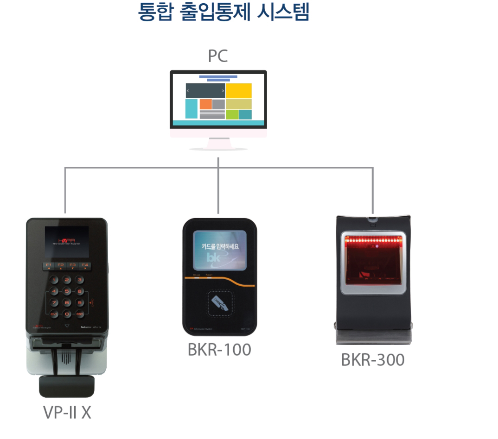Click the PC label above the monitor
point(217,56)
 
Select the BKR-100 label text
point(219,350)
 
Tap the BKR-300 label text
point(372,360)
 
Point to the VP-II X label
point(67,413)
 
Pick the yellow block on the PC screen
point(239,91)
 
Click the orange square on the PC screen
point(205,104)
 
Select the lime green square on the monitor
point(232,114)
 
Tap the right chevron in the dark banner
point(223,91)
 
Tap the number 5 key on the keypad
point(67,291)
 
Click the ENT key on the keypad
point(54,314)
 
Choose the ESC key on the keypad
point(80,314)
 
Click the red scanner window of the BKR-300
point(372,262)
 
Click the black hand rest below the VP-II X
point(66,386)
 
